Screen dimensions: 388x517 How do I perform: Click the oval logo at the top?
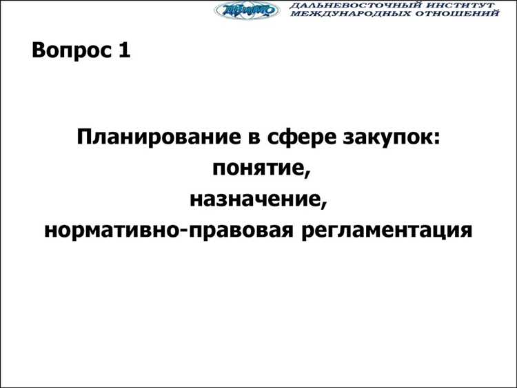click(247, 10)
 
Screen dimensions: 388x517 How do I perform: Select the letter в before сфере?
click(248, 137)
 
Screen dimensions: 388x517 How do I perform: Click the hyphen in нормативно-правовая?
click(182, 231)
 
